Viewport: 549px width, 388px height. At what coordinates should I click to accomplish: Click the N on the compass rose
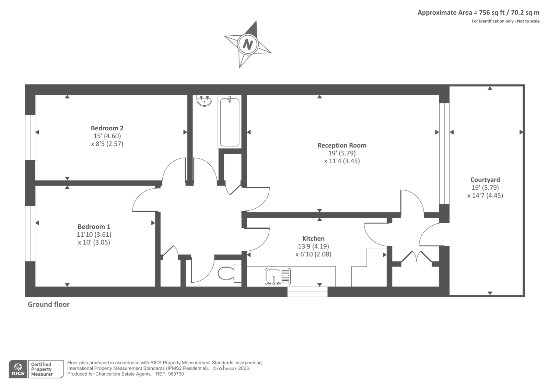point(248,44)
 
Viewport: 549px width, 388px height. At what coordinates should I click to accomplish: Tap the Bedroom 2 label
point(107,128)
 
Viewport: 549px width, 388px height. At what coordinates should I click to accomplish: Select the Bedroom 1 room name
point(94,226)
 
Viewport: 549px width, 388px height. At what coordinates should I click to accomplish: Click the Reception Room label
point(342,145)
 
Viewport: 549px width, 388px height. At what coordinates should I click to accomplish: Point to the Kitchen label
point(313,238)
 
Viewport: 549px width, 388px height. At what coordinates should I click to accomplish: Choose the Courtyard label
point(485,180)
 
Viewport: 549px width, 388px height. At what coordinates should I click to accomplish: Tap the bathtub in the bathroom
point(230,122)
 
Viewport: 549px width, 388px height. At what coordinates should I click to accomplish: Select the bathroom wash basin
point(205,100)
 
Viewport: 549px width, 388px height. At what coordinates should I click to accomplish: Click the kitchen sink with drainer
point(277,277)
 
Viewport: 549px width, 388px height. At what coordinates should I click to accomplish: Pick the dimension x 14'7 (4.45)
point(485,196)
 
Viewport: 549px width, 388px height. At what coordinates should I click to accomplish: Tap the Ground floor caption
point(49,304)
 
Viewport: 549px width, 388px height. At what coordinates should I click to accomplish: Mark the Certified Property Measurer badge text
point(42,369)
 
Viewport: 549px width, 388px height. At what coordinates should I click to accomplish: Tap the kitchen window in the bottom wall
point(307,292)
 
